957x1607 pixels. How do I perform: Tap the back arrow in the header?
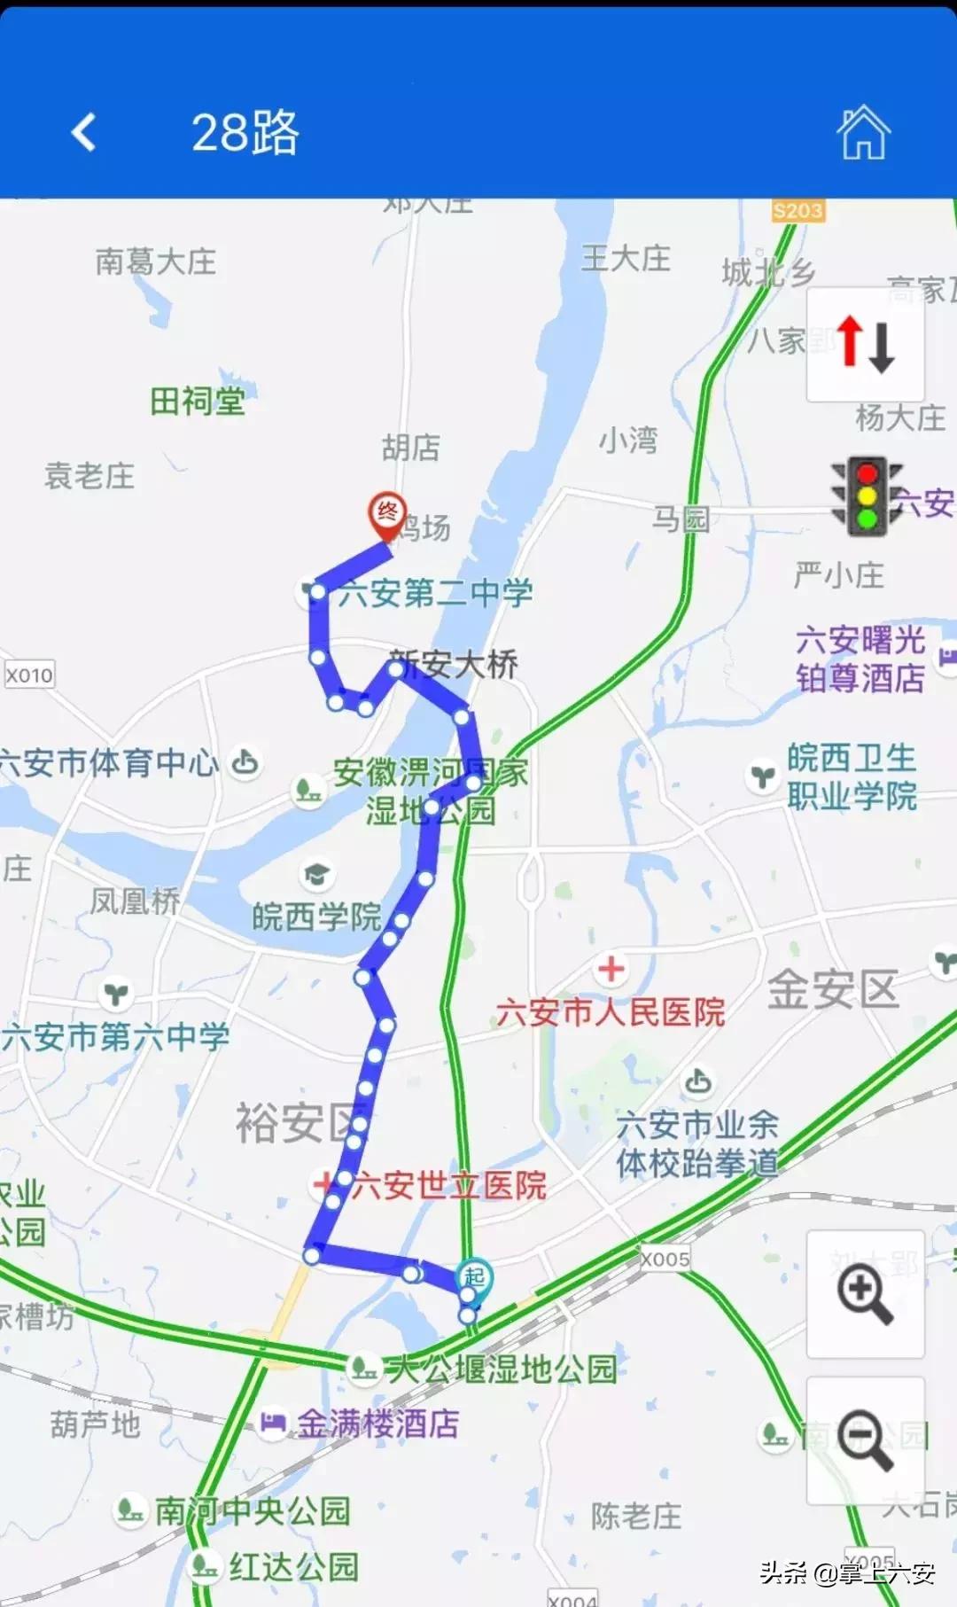(x=84, y=133)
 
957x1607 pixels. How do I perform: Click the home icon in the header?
(x=863, y=133)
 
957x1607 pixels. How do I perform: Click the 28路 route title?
(x=245, y=133)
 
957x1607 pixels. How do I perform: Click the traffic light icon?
(x=867, y=496)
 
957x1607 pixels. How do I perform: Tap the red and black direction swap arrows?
(x=866, y=344)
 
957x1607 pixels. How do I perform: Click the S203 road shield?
(x=797, y=211)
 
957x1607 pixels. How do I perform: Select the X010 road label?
(x=29, y=675)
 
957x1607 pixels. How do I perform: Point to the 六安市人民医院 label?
(x=611, y=1012)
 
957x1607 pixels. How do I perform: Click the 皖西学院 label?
(x=316, y=917)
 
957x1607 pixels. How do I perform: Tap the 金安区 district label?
(x=832, y=989)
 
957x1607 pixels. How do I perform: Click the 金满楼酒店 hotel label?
(x=377, y=1424)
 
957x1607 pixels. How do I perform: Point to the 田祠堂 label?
(x=197, y=402)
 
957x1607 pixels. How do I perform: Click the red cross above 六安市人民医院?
(x=611, y=969)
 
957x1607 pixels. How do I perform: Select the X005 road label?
(x=665, y=1260)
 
